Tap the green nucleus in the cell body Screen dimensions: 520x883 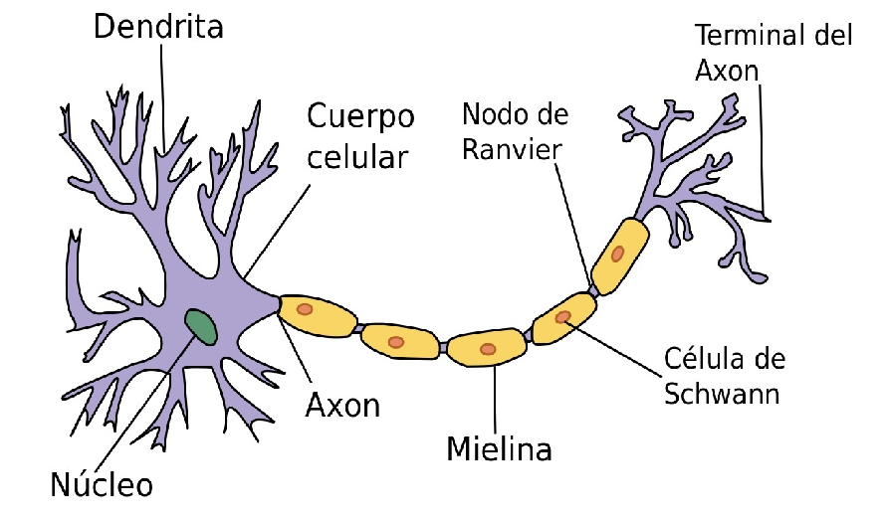[201, 326]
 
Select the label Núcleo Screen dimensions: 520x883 [102, 485]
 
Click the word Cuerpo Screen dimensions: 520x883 [359, 116]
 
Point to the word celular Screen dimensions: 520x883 [356, 157]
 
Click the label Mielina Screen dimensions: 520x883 [499, 448]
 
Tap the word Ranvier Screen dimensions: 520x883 [513, 149]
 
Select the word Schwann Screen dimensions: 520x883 [721, 394]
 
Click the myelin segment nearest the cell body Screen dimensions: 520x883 [318, 315]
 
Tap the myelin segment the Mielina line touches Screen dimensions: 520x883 [487, 349]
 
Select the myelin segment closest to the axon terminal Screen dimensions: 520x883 [619, 255]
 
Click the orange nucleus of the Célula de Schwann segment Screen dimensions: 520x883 [564, 318]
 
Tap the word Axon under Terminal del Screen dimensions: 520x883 [726, 71]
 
